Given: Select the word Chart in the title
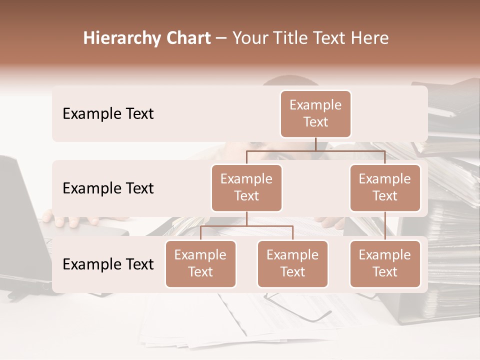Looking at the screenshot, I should tap(186, 38).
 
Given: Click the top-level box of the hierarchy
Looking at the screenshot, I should tap(315, 113).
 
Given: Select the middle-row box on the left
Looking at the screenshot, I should tap(246, 187).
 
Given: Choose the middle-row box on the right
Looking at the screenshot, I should tap(385, 187).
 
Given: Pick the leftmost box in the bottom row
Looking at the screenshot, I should tap(200, 263).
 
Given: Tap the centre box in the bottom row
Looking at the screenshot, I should tap(292, 263).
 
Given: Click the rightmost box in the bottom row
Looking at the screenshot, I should tap(385, 263).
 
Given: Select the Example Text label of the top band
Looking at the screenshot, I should tap(108, 113).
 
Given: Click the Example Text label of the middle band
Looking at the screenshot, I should tap(108, 188).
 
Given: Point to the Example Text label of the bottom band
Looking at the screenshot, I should tap(108, 264).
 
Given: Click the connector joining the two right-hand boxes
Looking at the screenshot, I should tap(385, 225).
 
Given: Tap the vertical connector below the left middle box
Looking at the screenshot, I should tap(246, 218).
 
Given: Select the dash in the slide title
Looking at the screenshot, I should tap(221, 38).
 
